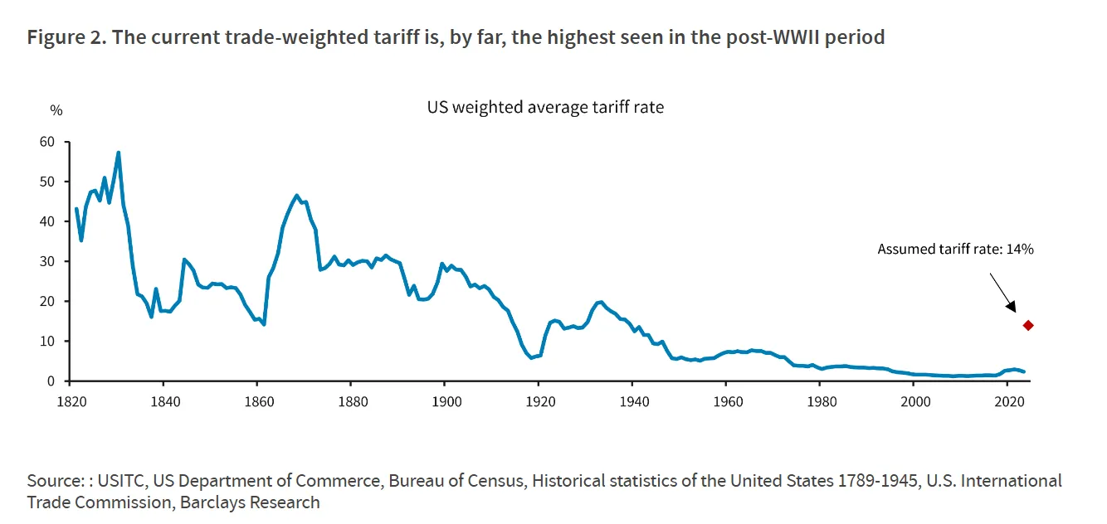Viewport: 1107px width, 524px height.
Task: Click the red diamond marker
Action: [1028, 325]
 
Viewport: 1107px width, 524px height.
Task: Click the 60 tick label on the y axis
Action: [46, 142]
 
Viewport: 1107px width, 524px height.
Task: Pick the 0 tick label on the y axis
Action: [51, 381]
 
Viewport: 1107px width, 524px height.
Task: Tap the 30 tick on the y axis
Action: [46, 261]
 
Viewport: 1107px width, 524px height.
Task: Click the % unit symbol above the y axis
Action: [56, 110]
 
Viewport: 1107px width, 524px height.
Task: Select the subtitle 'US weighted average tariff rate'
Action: [545, 107]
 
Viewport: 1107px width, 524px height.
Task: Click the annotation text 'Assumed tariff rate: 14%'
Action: [955, 249]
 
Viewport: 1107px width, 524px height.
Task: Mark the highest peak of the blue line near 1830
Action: [119, 153]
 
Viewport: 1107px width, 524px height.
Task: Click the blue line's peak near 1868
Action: [296, 196]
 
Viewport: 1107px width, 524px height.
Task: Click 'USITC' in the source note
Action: [121, 481]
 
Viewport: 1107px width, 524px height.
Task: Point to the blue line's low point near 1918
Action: [531, 357]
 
